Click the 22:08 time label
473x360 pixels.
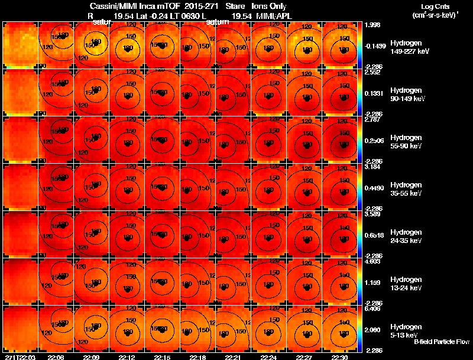tap(56, 357)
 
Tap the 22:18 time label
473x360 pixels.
tap(197, 357)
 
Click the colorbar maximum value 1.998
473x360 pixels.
tap(373, 25)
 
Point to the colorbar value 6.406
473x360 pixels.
tap(373, 309)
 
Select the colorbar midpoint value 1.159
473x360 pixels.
tap(373, 283)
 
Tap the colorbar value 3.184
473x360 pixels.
tap(373, 167)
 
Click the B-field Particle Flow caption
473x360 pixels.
tap(442, 342)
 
